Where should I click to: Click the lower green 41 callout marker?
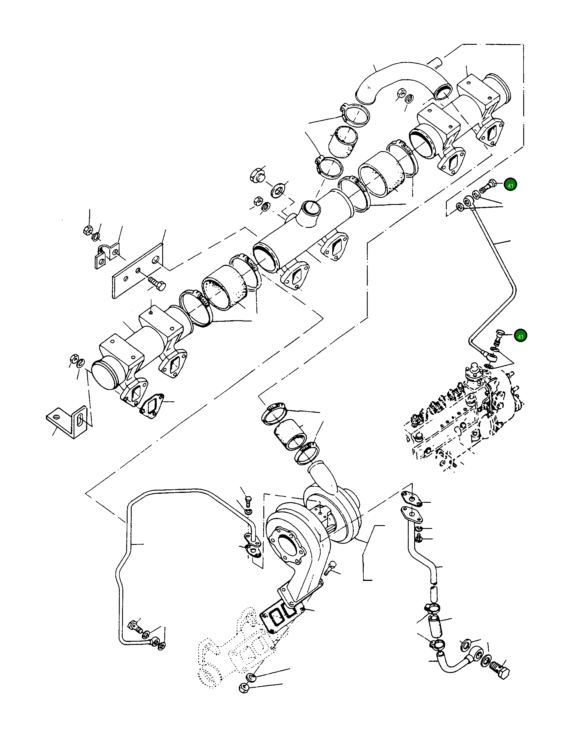click(x=520, y=337)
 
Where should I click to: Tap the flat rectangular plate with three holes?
click(x=137, y=270)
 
